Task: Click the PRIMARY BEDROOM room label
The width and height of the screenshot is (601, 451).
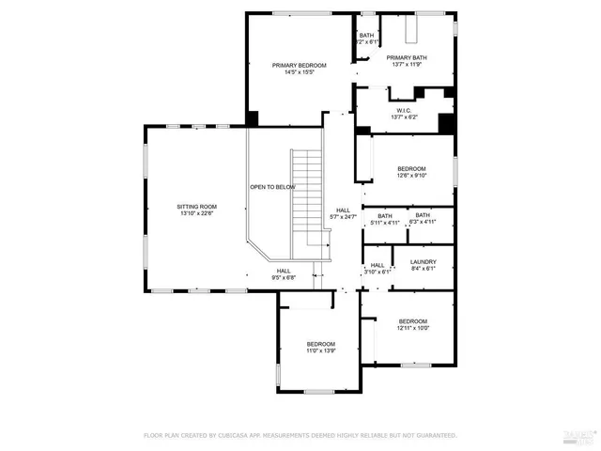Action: (x=299, y=65)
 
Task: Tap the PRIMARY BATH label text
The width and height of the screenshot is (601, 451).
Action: (x=409, y=57)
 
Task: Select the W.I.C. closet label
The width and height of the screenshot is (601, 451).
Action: (x=406, y=109)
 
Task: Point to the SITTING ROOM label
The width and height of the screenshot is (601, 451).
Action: (x=196, y=206)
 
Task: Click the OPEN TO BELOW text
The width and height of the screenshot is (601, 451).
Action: (x=272, y=187)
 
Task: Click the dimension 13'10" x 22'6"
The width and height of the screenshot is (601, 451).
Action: (x=196, y=213)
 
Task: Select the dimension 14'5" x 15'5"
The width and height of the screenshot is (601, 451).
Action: (x=299, y=72)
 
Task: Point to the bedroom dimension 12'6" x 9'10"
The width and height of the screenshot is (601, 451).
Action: (x=411, y=175)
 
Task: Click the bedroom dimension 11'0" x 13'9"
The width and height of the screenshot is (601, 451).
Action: (x=320, y=350)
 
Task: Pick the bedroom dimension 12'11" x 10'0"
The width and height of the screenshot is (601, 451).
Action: (x=412, y=328)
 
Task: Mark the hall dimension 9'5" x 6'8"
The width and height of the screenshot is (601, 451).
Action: (x=283, y=277)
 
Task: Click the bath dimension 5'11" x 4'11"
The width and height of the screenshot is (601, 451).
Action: (x=385, y=223)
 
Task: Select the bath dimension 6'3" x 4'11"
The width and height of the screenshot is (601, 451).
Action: (x=423, y=223)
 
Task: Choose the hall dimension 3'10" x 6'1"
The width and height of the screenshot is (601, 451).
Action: (x=377, y=272)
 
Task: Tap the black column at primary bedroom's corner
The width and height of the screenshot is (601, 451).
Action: (x=253, y=118)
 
